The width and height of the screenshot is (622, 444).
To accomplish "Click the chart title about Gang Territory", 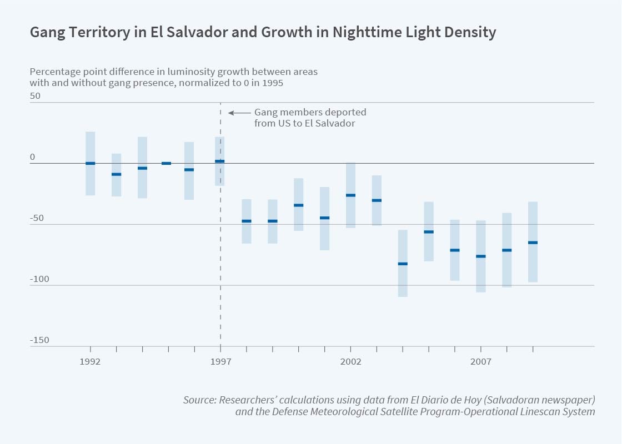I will [263, 33].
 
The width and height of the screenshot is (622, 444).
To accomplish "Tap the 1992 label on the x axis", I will [90, 362].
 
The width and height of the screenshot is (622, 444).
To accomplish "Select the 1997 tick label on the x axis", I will [220, 362].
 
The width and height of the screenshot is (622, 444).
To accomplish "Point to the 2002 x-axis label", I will [351, 362].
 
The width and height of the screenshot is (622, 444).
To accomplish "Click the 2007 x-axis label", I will [481, 362].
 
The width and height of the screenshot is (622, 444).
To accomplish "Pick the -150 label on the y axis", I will [39, 340].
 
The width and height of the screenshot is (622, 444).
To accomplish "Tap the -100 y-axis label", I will [39, 279].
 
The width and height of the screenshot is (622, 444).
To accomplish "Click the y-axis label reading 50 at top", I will [35, 96].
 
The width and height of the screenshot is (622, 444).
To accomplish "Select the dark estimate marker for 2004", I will [403, 264].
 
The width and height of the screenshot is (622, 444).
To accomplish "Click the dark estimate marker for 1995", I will [167, 163].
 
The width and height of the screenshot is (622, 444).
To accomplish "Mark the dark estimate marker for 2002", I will [351, 195].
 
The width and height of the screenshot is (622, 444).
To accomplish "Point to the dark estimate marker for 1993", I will [117, 174].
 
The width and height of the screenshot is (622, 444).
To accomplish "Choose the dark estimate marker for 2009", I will [533, 243].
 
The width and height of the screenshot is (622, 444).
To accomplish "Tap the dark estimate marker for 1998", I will [247, 221].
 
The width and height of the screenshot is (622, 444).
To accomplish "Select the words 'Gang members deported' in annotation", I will [310, 112].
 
